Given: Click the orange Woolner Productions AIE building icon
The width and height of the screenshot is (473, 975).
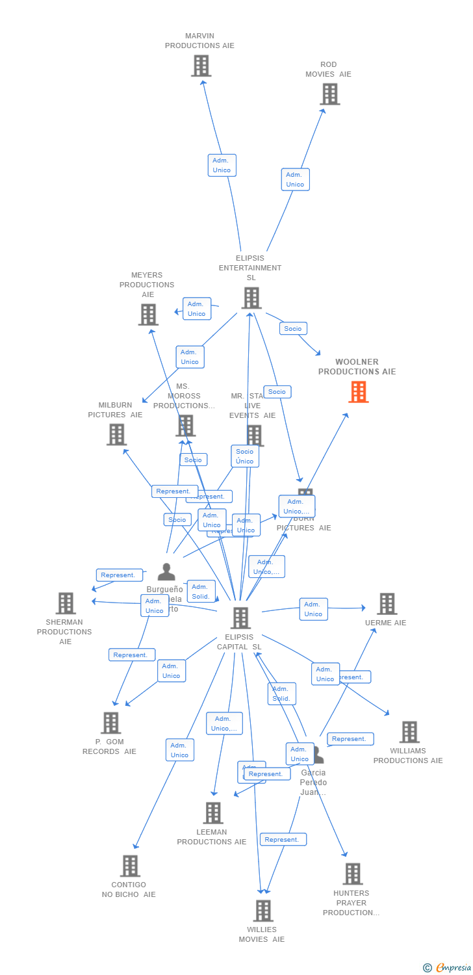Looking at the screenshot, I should [358, 392].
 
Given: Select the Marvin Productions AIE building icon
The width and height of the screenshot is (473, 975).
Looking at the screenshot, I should [201, 66].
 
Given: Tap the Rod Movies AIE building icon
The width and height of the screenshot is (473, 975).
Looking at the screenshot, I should [329, 94].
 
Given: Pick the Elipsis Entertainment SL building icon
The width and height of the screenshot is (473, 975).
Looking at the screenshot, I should [251, 298].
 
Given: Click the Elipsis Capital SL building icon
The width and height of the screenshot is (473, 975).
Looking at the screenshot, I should [240, 618].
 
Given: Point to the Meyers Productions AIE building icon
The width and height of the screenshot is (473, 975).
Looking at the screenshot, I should [148, 315].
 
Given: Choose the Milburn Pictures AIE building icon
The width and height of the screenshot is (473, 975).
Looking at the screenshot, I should [116, 434].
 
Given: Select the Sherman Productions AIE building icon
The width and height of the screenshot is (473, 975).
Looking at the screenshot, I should [66, 603].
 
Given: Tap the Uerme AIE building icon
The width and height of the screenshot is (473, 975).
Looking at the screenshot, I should [387, 604].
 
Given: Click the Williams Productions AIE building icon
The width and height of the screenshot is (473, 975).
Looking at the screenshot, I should [409, 732].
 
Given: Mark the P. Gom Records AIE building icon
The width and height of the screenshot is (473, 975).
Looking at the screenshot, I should [110, 723].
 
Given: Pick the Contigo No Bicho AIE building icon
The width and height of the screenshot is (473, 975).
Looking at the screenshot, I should [130, 866].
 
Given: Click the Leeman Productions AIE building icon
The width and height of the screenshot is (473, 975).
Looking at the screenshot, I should [213, 813].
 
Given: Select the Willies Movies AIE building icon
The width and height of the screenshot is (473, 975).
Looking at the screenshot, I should [262, 911].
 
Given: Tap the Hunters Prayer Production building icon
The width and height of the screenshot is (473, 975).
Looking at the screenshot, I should [352, 874].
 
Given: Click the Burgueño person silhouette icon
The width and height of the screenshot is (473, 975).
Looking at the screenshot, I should [166, 572].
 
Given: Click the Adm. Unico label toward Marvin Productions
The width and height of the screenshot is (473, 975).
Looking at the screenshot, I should [222, 165].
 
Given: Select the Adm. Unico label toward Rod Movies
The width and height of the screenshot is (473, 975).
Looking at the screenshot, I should [295, 179].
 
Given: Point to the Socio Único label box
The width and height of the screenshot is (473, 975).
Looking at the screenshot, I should [245, 456].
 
